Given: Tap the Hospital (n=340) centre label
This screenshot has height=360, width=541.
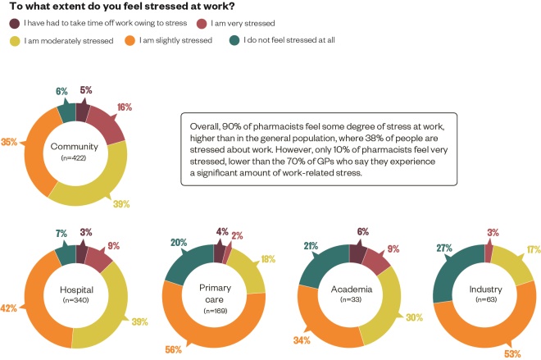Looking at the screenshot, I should (x=77, y=294).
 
